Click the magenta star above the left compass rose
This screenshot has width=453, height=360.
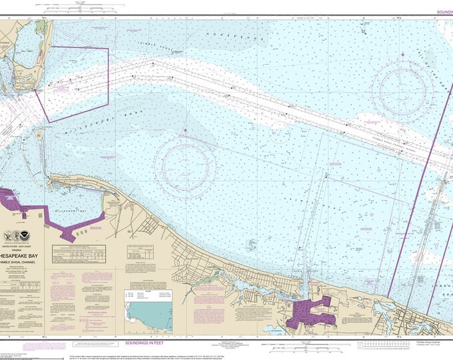[185, 130]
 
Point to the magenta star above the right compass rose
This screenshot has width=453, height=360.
[403, 54]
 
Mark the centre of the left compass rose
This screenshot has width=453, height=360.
[185, 161]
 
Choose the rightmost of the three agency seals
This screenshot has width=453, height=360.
[33, 235]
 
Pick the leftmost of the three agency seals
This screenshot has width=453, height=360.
[9, 235]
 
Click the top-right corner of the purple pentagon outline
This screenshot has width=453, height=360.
[108, 49]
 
